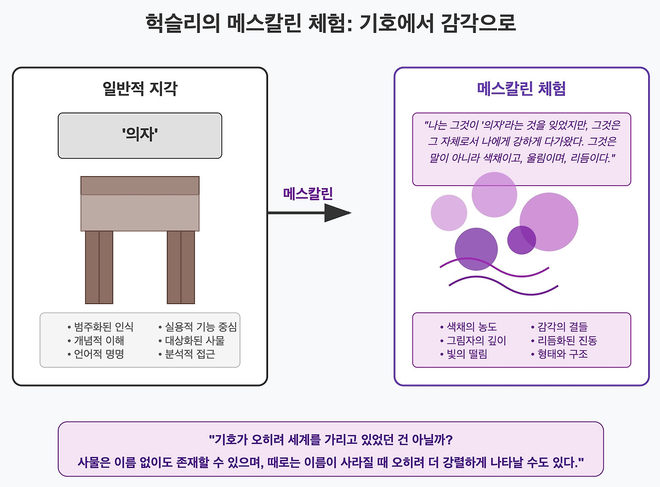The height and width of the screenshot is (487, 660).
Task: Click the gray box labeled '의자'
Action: (x=140, y=136)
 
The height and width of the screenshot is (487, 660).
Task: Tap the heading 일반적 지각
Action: (x=140, y=89)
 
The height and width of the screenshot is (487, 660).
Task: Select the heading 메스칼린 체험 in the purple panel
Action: (x=521, y=89)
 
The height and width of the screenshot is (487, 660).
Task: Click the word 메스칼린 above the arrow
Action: (x=308, y=193)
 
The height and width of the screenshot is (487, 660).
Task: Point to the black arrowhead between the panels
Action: (x=337, y=213)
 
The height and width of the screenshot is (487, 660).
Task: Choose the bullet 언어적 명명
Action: (x=98, y=354)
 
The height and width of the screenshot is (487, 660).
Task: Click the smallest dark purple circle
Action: (x=521, y=240)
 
